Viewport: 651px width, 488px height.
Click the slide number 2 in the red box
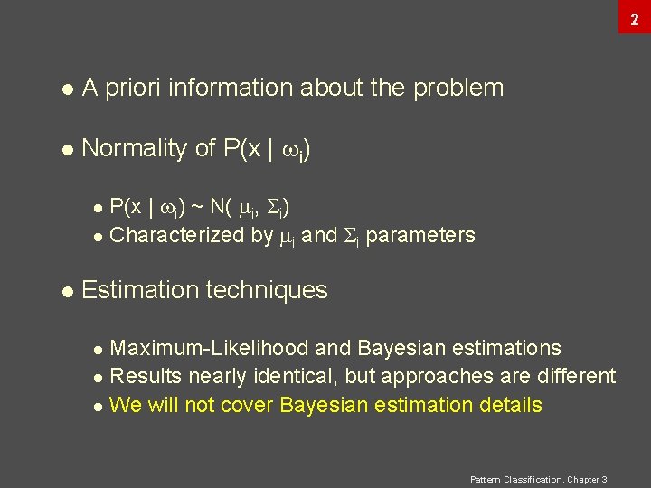[x=635, y=16]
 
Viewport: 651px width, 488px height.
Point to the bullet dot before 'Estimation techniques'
[x=65, y=291]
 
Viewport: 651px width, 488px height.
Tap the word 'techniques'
[x=267, y=290]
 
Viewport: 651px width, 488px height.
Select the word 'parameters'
[x=420, y=236]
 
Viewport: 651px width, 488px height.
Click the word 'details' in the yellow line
[x=509, y=405]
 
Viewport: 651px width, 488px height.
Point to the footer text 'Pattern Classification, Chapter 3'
[x=539, y=479]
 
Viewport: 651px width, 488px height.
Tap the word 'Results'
[x=145, y=376]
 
